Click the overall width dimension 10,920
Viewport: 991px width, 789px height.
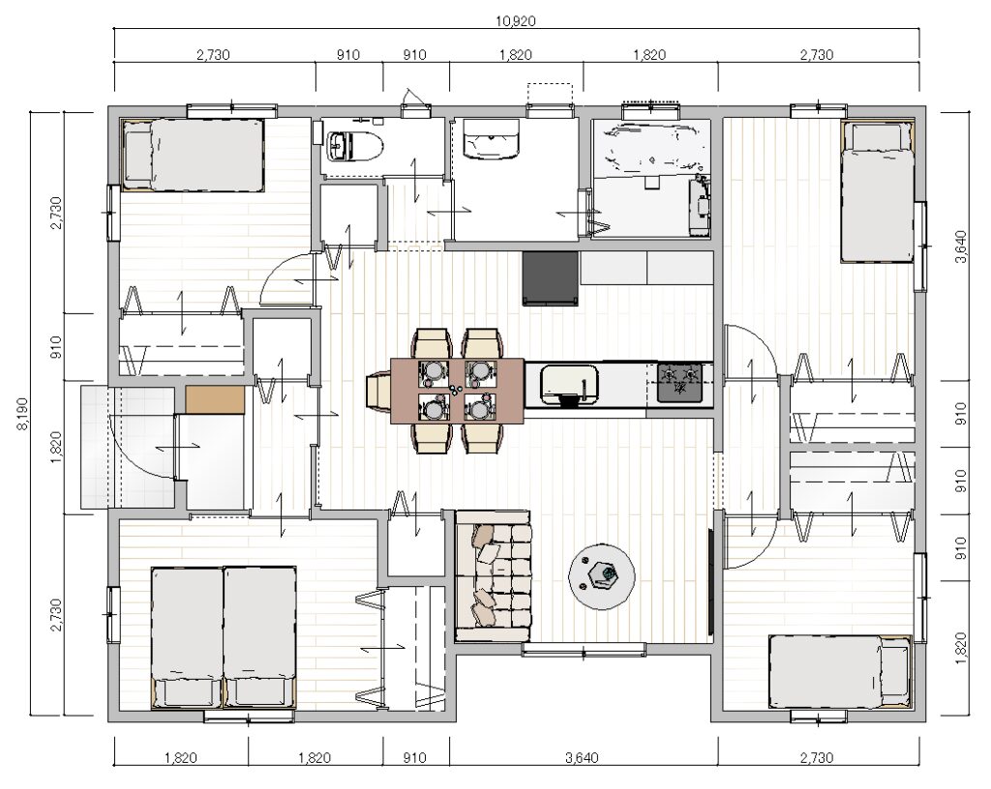pos(515,21)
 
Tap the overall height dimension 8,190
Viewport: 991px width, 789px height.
pos(22,414)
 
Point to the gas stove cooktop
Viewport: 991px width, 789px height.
pos(680,383)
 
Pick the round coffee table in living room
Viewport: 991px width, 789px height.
pos(602,576)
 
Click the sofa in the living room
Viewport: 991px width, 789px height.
pos(493,575)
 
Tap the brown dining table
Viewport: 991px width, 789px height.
pos(457,391)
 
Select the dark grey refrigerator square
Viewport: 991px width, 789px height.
pos(551,278)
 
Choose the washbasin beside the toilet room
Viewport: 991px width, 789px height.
pos(492,139)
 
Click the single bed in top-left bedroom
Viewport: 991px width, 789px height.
pos(193,155)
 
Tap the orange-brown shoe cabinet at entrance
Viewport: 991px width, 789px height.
pos(215,399)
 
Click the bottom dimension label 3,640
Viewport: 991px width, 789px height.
pos(582,757)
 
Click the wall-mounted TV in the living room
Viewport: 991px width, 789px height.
pos(711,581)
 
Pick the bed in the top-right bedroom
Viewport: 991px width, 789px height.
pos(878,191)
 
